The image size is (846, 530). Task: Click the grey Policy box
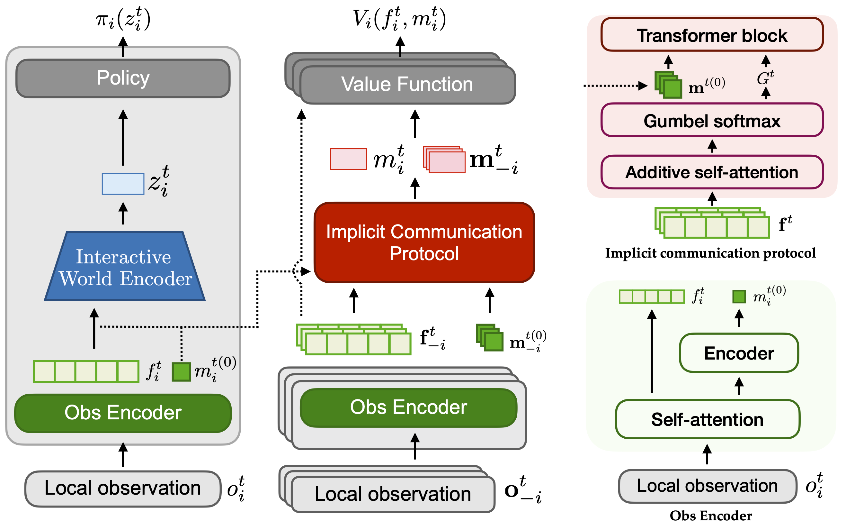coord(123,78)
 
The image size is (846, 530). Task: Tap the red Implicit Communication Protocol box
coord(424,242)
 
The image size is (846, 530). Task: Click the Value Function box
coord(407,85)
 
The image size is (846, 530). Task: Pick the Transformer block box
coord(712,35)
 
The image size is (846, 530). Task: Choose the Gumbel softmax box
coord(712,121)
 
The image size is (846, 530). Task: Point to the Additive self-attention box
coord(712,172)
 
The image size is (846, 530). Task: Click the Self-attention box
coord(707,419)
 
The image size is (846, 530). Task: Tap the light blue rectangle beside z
coord(123,184)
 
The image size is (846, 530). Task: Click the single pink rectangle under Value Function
coord(348,159)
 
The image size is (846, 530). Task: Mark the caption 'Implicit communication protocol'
coord(710,253)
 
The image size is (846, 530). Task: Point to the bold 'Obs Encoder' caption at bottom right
coord(710,516)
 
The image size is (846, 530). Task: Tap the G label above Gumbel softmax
coord(765,78)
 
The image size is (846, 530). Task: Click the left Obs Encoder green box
coord(123,413)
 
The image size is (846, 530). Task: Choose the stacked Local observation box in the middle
coord(393,494)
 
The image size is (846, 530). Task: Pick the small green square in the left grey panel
coord(182,371)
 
